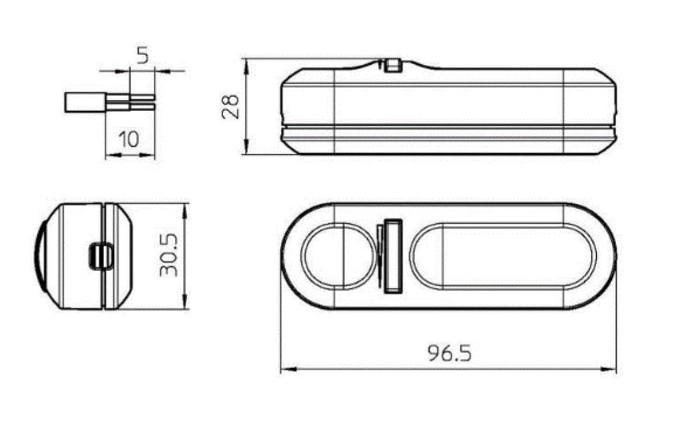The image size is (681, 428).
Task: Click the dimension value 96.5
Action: (x=449, y=353)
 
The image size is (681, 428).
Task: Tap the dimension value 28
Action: (x=232, y=106)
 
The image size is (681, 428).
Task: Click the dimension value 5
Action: (x=142, y=55)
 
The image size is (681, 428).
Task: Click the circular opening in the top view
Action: (x=337, y=256)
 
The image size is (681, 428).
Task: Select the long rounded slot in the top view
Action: (x=503, y=256)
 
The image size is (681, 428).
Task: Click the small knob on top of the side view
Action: (x=393, y=65)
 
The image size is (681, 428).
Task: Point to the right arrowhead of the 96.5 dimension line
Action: (x=612, y=369)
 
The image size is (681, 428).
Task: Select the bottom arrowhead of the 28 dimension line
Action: (x=246, y=149)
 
